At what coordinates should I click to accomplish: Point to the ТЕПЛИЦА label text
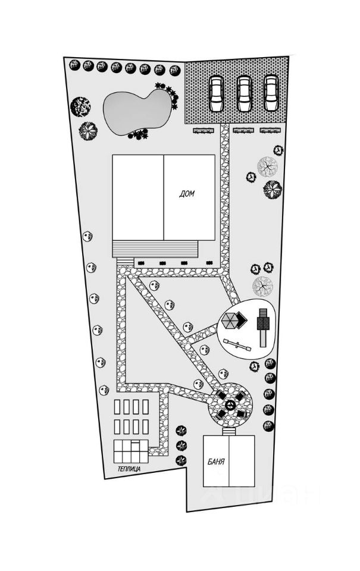pyautogui.click(x=129, y=469)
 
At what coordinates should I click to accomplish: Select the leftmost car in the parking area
pyautogui.click(x=216, y=93)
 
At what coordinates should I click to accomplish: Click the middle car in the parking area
pyautogui.click(x=244, y=93)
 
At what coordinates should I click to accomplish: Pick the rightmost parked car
pyautogui.click(x=271, y=93)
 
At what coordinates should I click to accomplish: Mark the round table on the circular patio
pyautogui.click(x=230, y=406)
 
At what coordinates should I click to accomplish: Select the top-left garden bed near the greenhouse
pyautogui.click(x=118, y=407)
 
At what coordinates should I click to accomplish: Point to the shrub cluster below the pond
pyautogui.click(x=138, y=135)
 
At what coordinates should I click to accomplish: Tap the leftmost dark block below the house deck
pyautogui.click(x=140, y=262)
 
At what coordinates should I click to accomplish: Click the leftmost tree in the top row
pyautogui.click(x=74, y=64)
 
